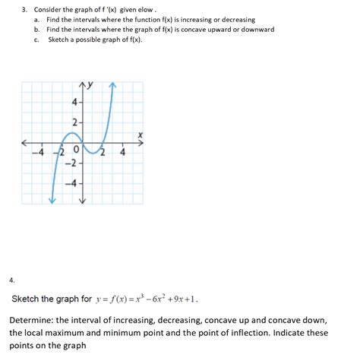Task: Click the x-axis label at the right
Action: pyautogui.click(x=140, y=135)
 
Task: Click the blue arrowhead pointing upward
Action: pyautogui.click(x=113, y=84)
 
